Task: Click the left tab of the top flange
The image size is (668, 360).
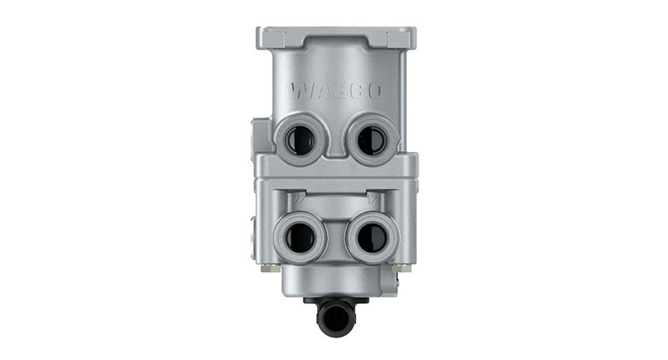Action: point(266,37)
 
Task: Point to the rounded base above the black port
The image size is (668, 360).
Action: point(334,284)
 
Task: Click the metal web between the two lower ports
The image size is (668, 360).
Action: point(334,238)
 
